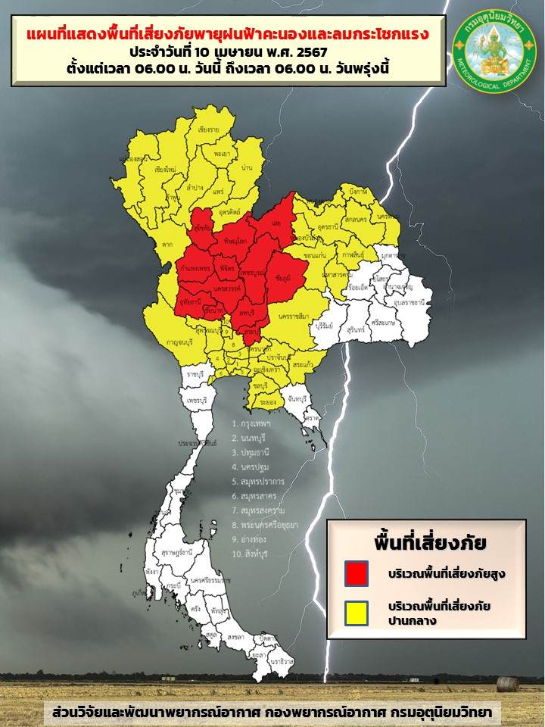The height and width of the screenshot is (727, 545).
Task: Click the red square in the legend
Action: tap(355, 573)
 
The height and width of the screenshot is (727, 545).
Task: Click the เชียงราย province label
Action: tap(208, 130)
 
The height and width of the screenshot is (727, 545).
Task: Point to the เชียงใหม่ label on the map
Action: tap(165, 169)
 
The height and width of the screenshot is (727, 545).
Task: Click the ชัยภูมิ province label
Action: tap(285, 277)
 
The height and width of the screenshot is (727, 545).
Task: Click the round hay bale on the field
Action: tap(508, 683)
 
